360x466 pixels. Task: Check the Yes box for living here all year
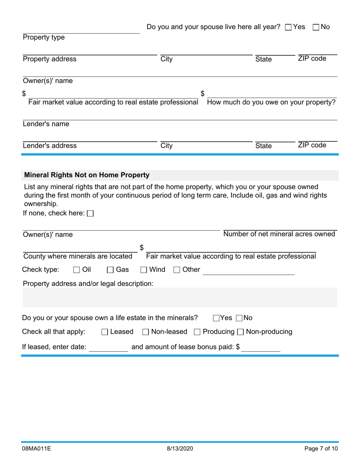(x=288, y=27)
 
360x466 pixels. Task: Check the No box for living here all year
(x=316, y=27)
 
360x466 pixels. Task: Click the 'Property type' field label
(x=44, y=37)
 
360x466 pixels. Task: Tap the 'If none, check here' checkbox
(x=90, y=214)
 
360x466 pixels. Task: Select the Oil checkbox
(x=77, y=270)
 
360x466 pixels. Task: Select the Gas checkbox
(x=110, y=270)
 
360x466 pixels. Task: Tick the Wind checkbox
(x=144, y=270)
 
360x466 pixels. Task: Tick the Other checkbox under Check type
(x=177, y=270)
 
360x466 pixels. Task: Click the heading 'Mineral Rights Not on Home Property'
(x=87, y=175)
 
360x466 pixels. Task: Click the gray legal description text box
(x=180, y=297)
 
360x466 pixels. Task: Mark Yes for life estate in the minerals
(x=216, y=318)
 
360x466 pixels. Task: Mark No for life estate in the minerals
(x=239, y=318)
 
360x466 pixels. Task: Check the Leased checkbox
(x=105, y=332)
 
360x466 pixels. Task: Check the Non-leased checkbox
(x=146, y=332)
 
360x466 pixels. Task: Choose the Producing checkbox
(x=197, y=332)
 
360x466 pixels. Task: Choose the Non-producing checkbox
(x=240, y=332)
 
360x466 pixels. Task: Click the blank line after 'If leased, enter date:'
(x=108, y=347)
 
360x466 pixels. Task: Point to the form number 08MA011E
(x=36, y=449)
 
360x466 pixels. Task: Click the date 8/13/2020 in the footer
(x=180, y=449)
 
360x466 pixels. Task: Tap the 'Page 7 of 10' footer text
(x=321, y=449)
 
